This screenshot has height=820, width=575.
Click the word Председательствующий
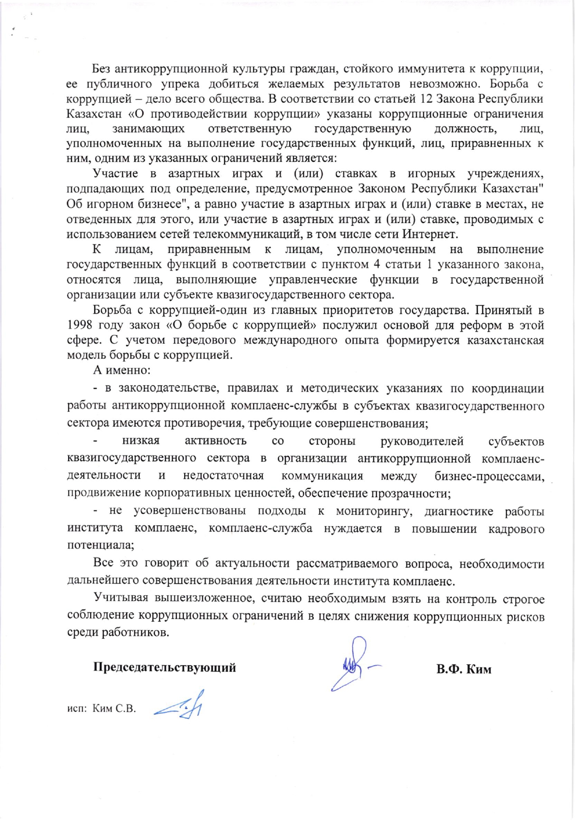tap(164, 668)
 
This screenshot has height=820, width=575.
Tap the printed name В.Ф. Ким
tap(464, 669)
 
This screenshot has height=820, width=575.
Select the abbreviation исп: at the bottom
tap(77, 709)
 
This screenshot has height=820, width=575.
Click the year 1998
tap(81, 325)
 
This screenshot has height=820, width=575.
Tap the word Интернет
tap(430, 234)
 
